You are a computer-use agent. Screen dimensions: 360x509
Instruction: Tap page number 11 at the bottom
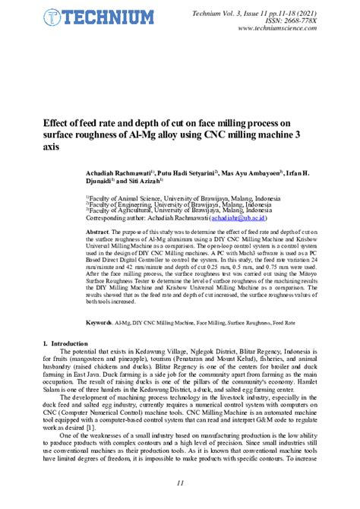tap(180, 484)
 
